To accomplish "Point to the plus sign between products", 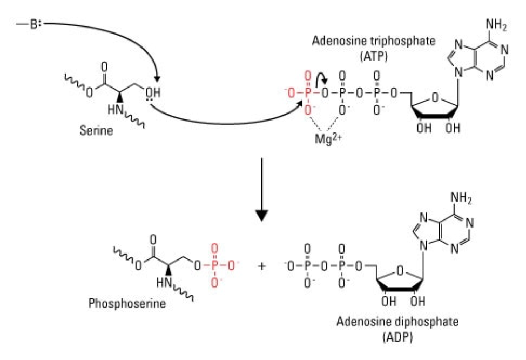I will click(263, 266).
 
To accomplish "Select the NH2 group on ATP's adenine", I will click(482, 25).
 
